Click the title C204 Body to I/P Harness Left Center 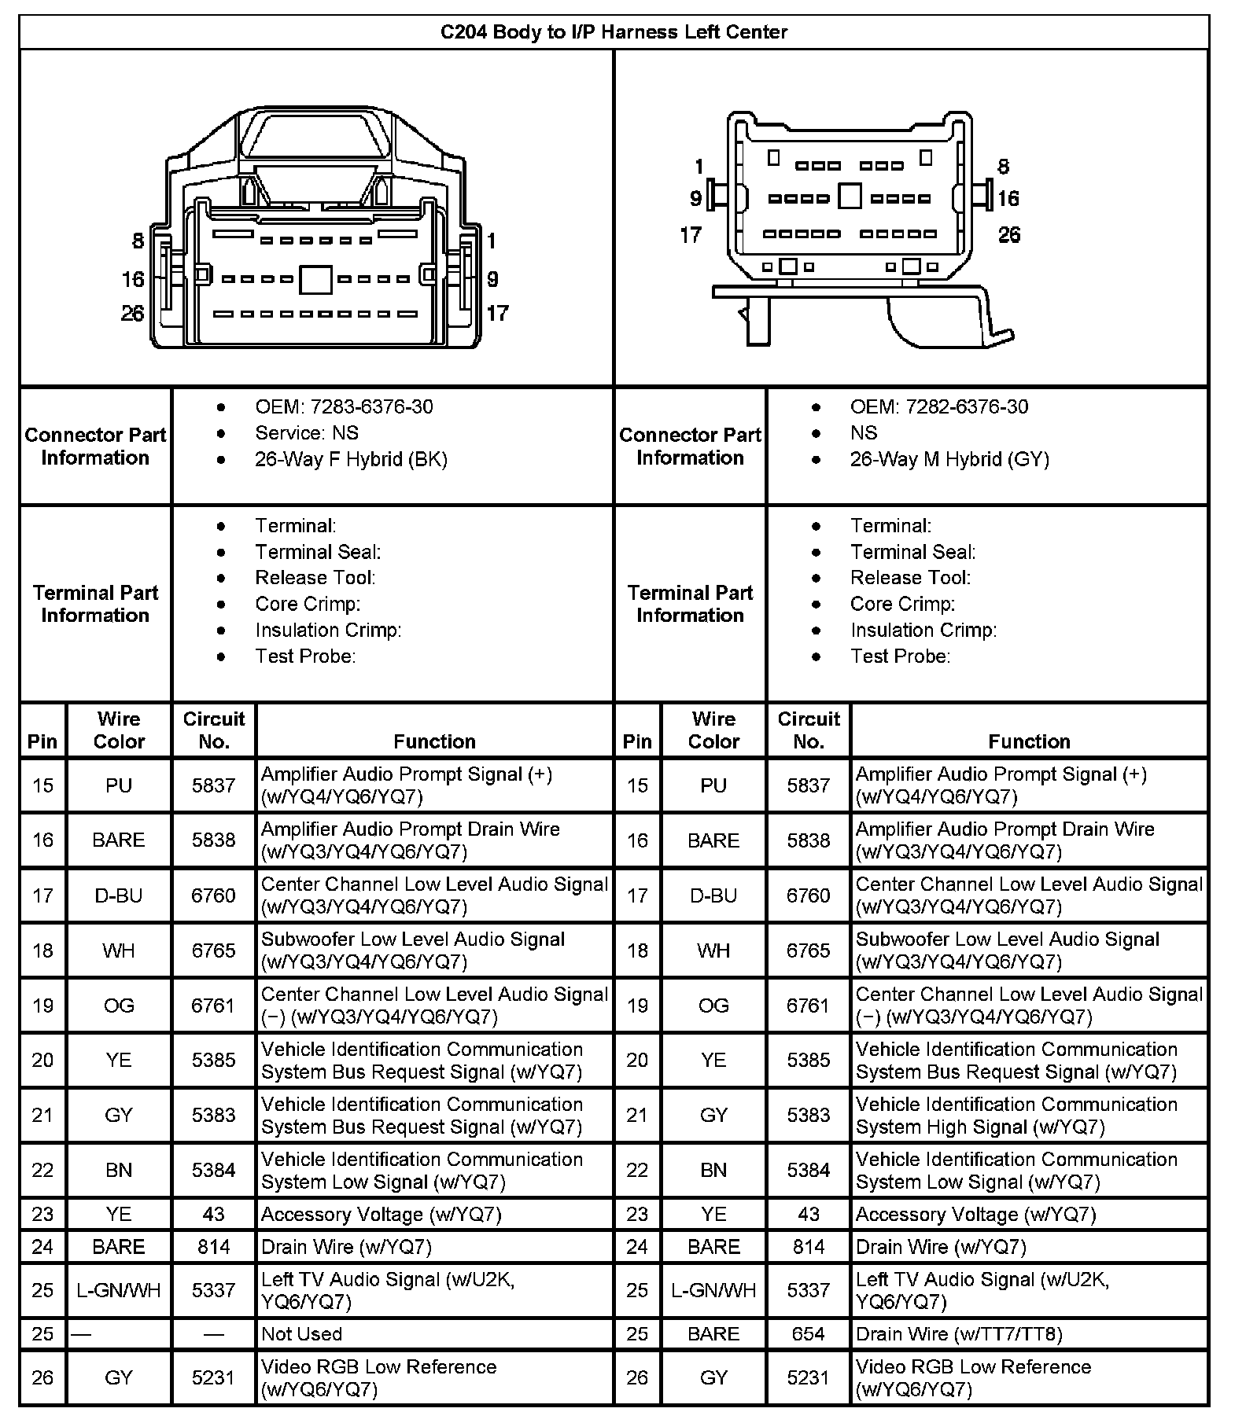[x=613, y=32]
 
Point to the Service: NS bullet [x=306, y=432]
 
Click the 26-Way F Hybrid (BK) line [x=351, y=459]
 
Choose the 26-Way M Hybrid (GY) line [x=949, y=459]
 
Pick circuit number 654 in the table [x=808, y=1334]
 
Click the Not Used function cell [x=301, y=1334]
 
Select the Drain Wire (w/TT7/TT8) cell [x=958, y=1334]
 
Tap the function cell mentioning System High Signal [x=1016, y=1116]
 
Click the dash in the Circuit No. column [x=213, y=1334]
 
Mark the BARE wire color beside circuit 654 [x=713, y=1334]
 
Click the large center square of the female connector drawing [x=315, y=279]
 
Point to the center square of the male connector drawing [x=850, y=196]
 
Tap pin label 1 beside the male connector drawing [x=699, y=167]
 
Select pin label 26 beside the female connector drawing [x=132, y=314]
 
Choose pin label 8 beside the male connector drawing [x=1003, y=167]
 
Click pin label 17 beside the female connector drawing [x=497, y=314]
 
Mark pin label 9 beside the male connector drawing [x=695, y=198]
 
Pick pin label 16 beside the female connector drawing [x=132, y=279]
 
